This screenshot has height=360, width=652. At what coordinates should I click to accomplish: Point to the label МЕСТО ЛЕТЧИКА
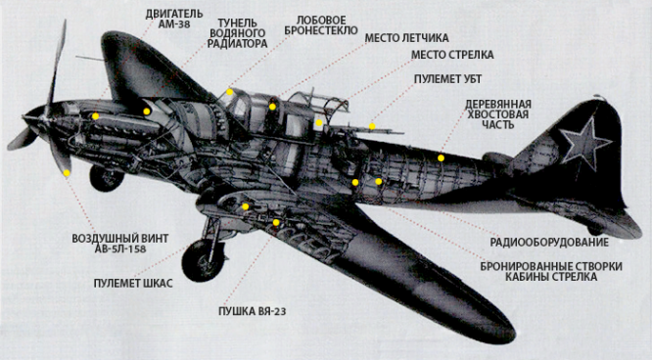click(408, 38)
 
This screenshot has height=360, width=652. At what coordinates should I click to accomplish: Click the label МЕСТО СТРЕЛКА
click(451, 55)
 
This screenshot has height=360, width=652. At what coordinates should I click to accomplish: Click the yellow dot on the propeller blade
click(67, 173)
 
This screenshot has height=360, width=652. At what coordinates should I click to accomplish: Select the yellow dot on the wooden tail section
click(442, 156)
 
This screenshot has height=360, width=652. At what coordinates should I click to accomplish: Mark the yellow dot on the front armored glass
click(230, 92)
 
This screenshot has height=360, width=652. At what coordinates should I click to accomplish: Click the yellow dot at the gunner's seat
click(319, 123)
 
